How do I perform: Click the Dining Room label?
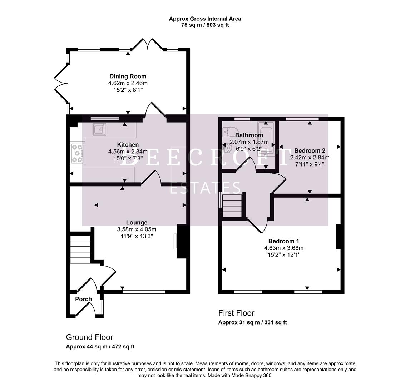[x=128, y=76]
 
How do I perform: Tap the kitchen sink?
[x=100, y=129]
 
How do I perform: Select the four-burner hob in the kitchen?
[x=78, y=153]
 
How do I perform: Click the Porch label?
[x=83, y=299]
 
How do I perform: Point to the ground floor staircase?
[x=80, y=249]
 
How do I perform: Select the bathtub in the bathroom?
[x=267, y=139]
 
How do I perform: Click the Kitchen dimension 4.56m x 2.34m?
[x=128, y=152]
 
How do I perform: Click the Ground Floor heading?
[x=89, y=337]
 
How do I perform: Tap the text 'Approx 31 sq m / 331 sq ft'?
[x=252, y=322]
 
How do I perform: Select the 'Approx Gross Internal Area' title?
[x=205, y=19]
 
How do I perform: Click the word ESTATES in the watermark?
[x=205, y=188]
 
